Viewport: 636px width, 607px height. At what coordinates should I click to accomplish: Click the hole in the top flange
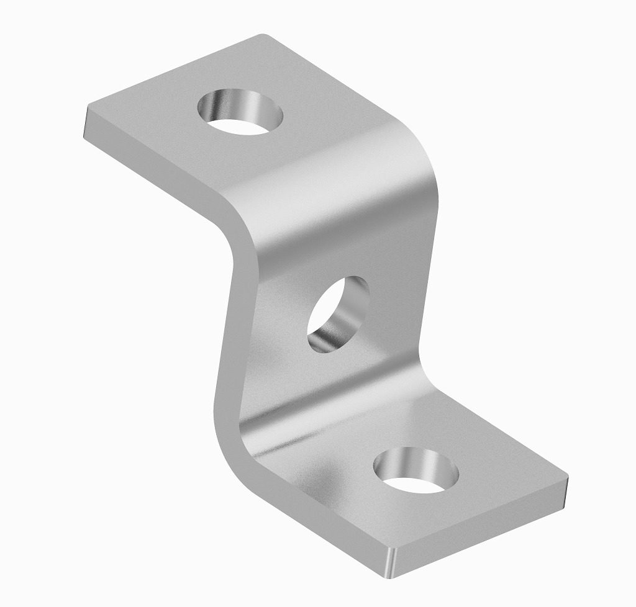pos(240,112)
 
